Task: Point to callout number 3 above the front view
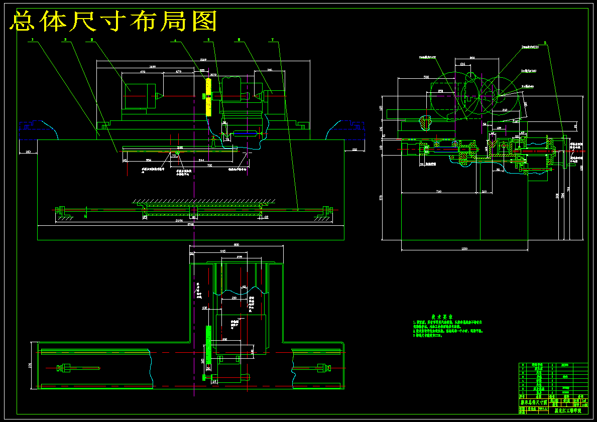coord(92,39)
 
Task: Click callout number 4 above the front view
coord(175,40)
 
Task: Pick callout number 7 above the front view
coord(272,39)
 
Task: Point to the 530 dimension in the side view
coord(426,77)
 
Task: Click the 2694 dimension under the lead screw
coord(179,221)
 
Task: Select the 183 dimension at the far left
coord(28,151)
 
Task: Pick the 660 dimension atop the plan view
coord(236,244)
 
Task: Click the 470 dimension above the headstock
coord(142,72)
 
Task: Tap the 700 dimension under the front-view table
coord(210,165)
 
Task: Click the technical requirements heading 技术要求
coord(440,317)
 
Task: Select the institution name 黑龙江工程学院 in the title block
coord(567,410)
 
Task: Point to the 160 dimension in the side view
coord(484,191)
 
